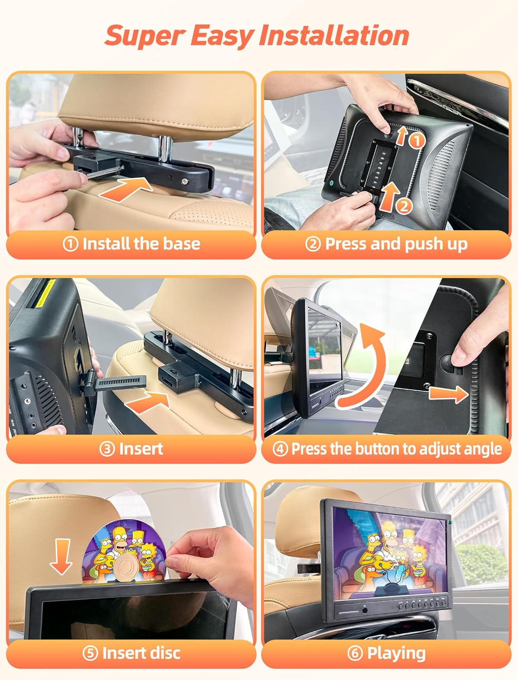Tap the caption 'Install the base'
point(141,243)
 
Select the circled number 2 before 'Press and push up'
point(313,244)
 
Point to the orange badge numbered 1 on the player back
point(417,141)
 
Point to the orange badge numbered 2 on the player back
point(404,206)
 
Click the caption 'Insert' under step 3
point(141,449)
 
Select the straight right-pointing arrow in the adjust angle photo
point(449,394)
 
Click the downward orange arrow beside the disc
point(61,557)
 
